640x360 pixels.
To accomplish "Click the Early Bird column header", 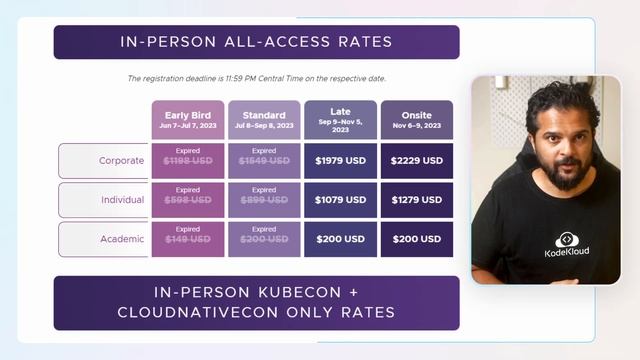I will coord(188,120).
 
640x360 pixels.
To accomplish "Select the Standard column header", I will coord(264,120).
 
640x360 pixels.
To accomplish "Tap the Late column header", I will coord(340,120).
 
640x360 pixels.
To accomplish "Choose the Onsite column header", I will coord(416,120).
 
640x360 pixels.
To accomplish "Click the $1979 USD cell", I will coord(340,160).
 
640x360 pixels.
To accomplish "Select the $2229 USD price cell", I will coord(416,160).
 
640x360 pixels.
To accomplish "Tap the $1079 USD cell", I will coord(340,200).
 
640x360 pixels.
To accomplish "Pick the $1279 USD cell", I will coord(416,200).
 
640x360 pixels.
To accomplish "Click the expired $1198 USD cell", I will coord(188,160).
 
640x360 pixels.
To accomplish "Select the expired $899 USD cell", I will coord(264,200).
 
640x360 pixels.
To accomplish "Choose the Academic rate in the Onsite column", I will coord(416,239).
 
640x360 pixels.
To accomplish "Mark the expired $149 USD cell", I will coord(188,239).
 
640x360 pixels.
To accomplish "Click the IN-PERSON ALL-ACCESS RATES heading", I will coord(256,42).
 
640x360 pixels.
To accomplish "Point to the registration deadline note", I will coord(256,78).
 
